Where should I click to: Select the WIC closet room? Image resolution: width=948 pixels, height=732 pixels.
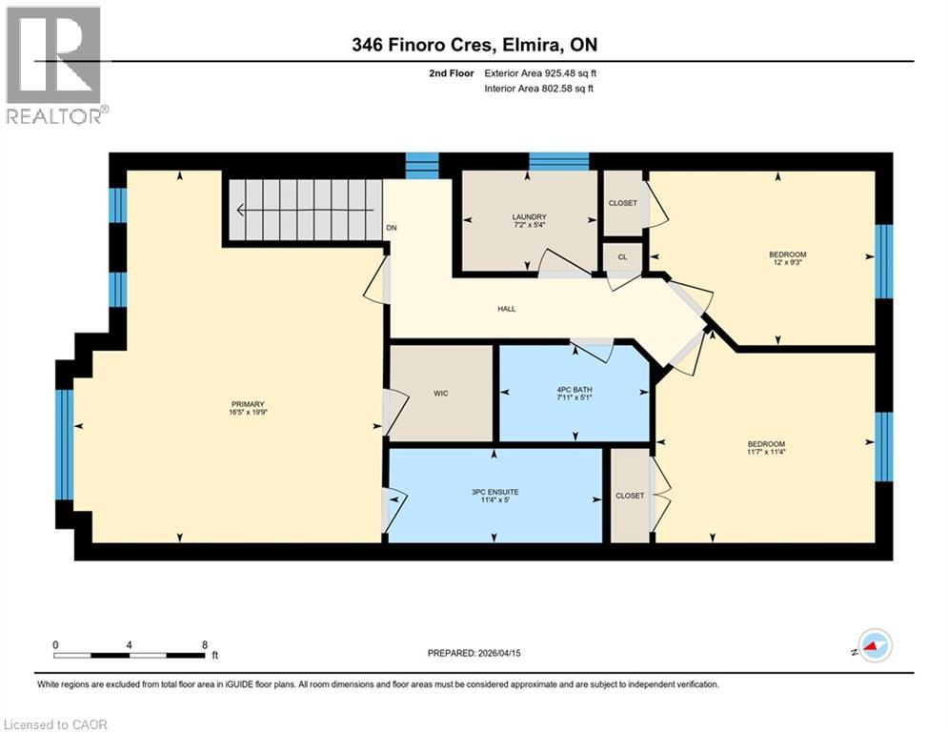tap(440, 393)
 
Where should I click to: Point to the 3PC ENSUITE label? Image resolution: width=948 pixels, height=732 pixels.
tap(494, 492)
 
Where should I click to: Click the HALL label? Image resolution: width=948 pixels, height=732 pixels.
tap(506, 309)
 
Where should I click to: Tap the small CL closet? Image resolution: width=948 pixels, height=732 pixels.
tap(621, 257)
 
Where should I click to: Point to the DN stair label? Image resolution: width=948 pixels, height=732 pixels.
tap(392, 228)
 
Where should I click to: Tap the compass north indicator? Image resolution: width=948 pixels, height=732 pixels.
tap(873, 645)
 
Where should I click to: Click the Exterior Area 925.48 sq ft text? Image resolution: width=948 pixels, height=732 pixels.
tap(539, 72)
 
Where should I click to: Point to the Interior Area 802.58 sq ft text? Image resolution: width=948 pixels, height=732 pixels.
tap(539, 89)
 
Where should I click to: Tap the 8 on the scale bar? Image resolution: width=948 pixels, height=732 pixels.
tap(205, 644)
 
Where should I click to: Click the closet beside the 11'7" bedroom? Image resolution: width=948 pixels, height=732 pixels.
tap(630, 496)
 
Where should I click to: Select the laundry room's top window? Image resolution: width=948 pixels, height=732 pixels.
tap(559, 160)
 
